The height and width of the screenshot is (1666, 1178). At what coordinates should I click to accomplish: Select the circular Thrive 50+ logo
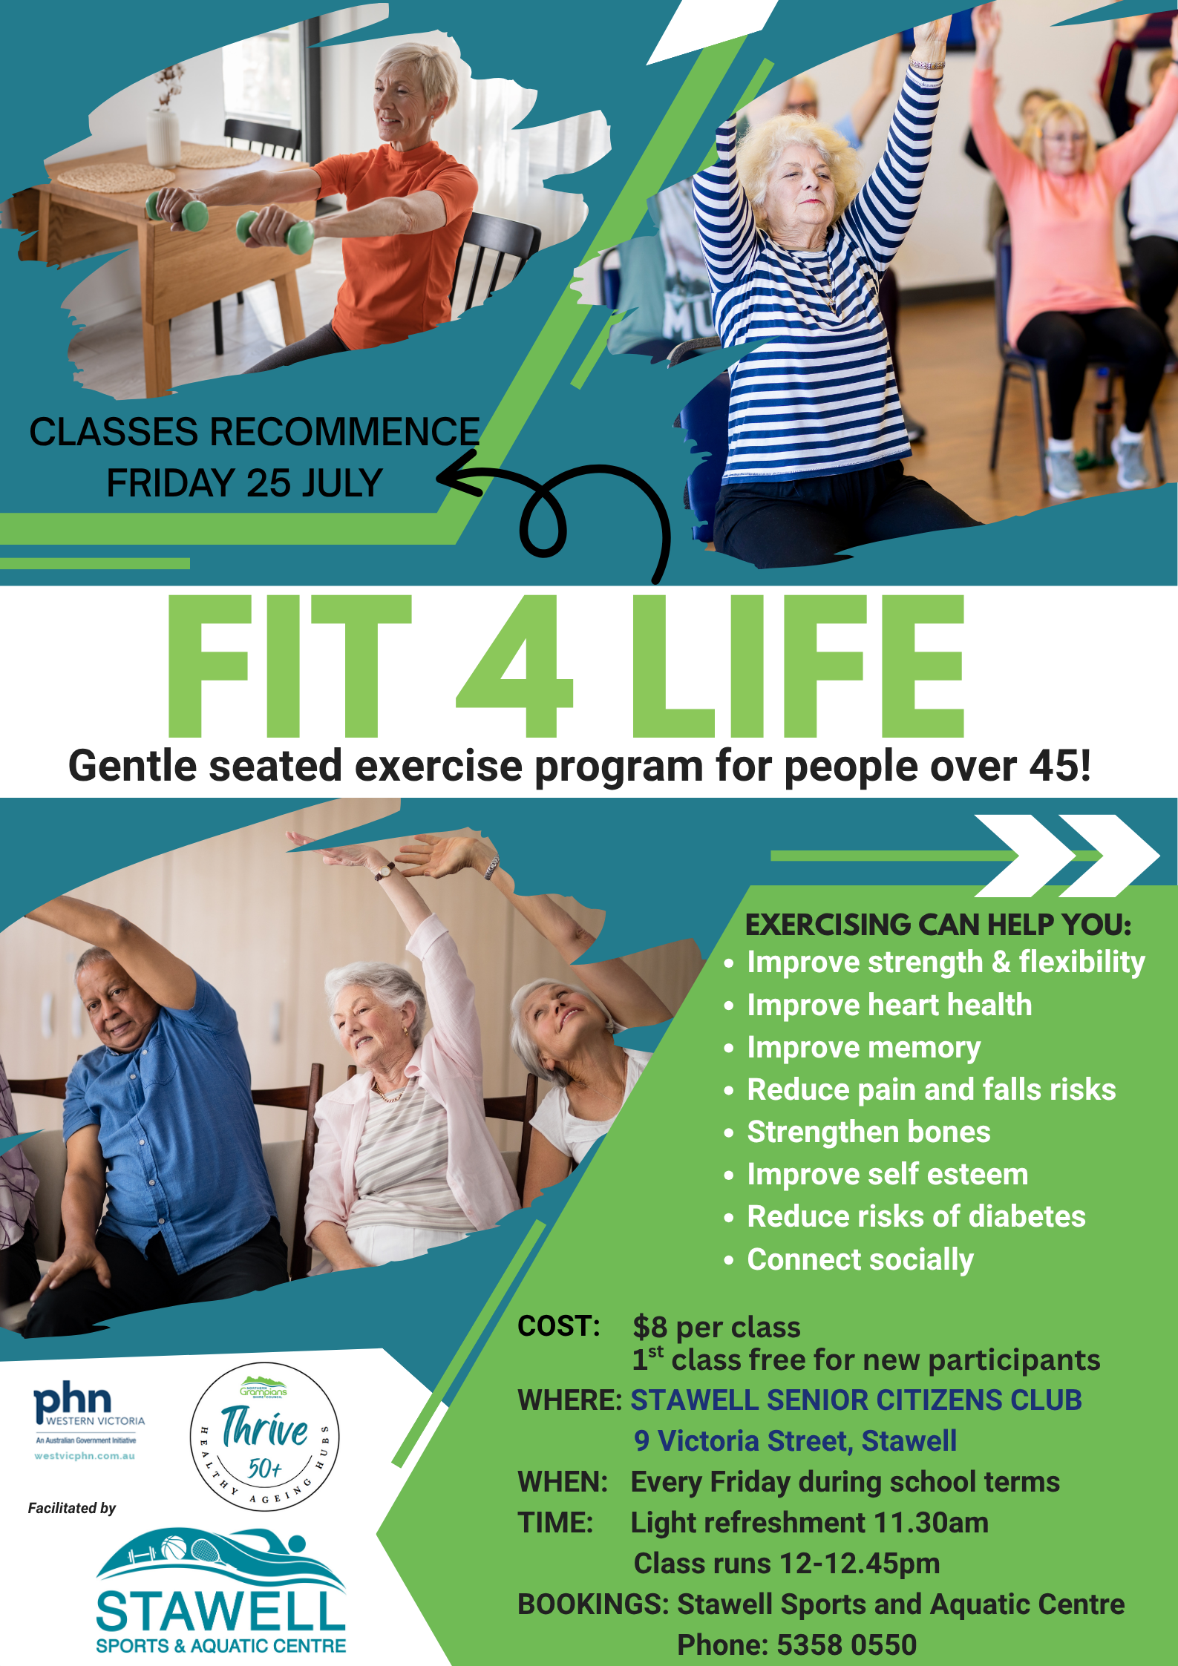click(x=265, y=1437)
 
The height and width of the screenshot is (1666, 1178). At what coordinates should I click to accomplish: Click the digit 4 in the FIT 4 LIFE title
click(x=514, y=665)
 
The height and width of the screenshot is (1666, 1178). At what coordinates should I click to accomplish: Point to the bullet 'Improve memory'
click(x=863, y=1047)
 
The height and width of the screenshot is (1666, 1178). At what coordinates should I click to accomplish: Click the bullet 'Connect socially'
click(x=860, y=1259)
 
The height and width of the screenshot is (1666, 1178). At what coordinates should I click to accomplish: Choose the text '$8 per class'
click(x=716, y=1327)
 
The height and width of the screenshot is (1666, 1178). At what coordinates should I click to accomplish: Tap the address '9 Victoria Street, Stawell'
click(x=795, y=1440)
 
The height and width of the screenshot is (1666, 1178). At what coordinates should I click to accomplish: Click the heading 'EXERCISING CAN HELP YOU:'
click(x=938, y=925)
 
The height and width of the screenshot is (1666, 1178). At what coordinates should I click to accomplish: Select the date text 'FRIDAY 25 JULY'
click(x=244, y=483)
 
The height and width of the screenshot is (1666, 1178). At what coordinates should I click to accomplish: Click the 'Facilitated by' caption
click(x=72, y=1508)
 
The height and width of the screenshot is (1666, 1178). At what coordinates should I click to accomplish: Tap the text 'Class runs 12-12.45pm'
click(x=787, y=1563)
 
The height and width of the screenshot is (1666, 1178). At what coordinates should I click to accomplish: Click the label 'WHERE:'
click(x=569, y=1400)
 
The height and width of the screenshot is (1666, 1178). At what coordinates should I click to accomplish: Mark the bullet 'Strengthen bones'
click(x=868, y=1132)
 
